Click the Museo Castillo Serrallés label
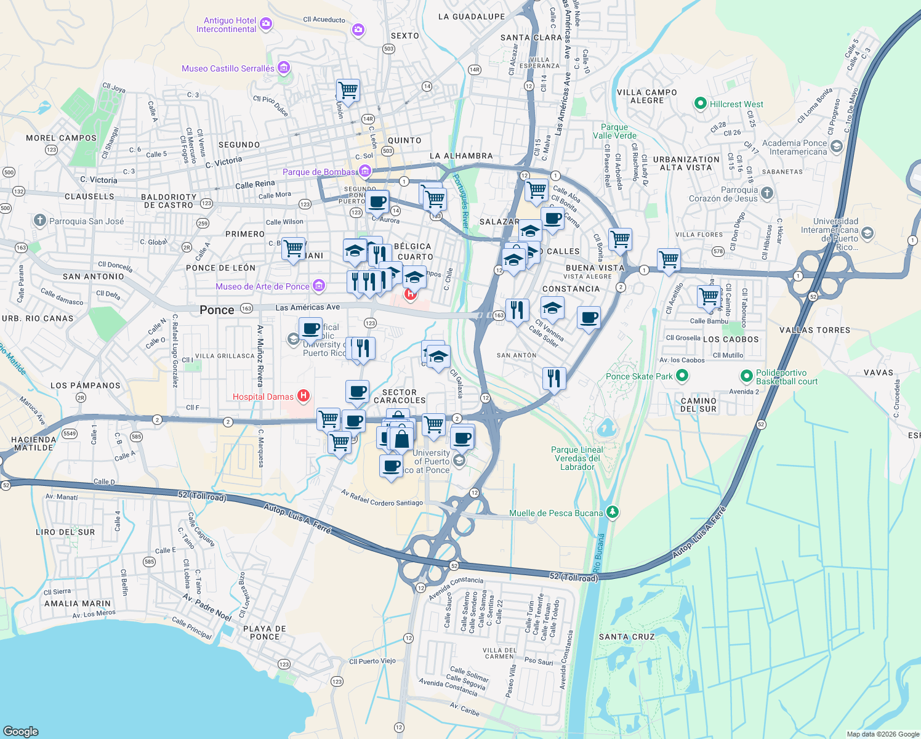(228, 68)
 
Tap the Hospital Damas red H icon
(303, 395)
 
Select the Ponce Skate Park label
(639, 376)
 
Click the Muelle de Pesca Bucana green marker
(612, 512)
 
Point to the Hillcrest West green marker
(700, 103)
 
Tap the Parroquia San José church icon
(40, 220)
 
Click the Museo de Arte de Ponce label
(262, 286)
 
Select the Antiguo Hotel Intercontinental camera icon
(266, 24)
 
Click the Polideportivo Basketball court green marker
(746, 376)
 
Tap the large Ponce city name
(217, 310)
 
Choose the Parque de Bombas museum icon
(365, 171)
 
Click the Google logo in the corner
(20, 731)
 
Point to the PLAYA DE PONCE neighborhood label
(265, 632)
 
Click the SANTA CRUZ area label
(627, 637)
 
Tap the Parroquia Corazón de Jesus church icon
(766, 193)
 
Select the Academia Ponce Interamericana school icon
(835, 147)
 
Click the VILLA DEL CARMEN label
(499, 653)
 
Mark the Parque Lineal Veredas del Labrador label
(577, 458)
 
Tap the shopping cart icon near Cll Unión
(348, 90)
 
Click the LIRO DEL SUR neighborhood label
(65, 532)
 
